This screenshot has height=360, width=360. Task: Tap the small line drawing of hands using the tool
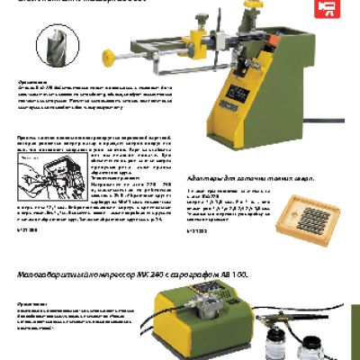[55, 176]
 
